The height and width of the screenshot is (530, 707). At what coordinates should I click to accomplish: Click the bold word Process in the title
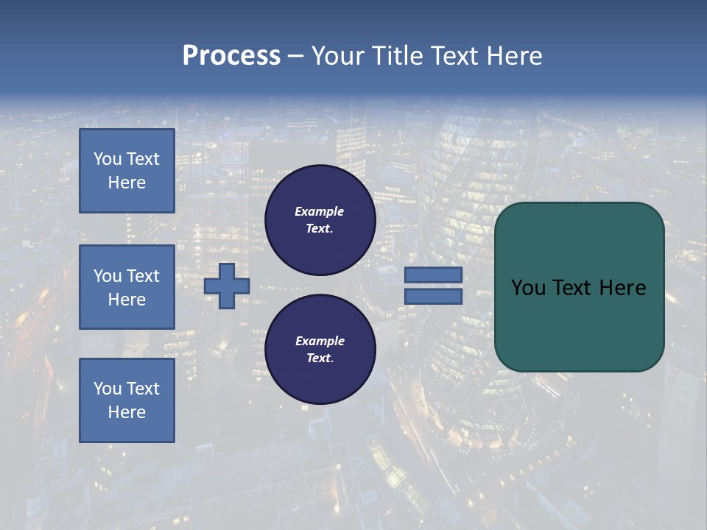click(231, 56)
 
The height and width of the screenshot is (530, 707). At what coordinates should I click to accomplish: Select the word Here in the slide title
click(514, 56)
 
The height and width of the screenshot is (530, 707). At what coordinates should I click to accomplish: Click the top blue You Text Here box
click(127, 171)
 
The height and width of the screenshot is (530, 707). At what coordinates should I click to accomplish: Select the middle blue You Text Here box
click(127, 287)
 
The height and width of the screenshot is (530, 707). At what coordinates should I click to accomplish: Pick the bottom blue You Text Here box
click(127, 400)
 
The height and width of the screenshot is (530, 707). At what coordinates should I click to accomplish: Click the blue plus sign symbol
click(227, 286)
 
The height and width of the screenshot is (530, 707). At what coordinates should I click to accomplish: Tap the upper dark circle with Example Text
click(320, 220)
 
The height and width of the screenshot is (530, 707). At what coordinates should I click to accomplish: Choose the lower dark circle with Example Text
click(320, 349)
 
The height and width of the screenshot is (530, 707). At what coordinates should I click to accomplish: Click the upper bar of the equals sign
click(433, 275)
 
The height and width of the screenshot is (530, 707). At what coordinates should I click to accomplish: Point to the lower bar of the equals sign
click(433, 296)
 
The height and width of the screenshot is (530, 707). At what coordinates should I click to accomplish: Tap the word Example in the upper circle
click(319, 211)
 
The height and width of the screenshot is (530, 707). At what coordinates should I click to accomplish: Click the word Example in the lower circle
click(319, 341)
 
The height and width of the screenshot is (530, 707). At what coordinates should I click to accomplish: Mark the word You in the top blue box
click(108, 159)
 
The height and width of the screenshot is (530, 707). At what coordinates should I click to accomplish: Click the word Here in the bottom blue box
click(127, 412)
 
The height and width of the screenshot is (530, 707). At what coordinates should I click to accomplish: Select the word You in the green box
click(528, 288)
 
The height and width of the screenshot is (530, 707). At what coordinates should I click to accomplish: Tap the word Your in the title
click(338, 56)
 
